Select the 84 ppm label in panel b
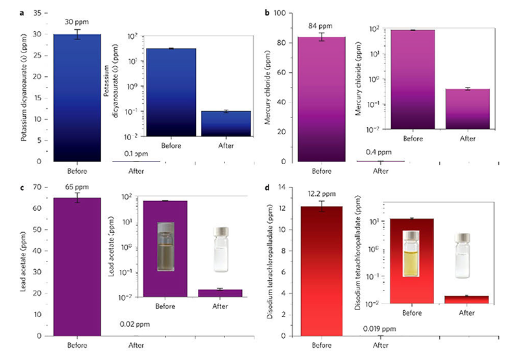click(x=321, y=26)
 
